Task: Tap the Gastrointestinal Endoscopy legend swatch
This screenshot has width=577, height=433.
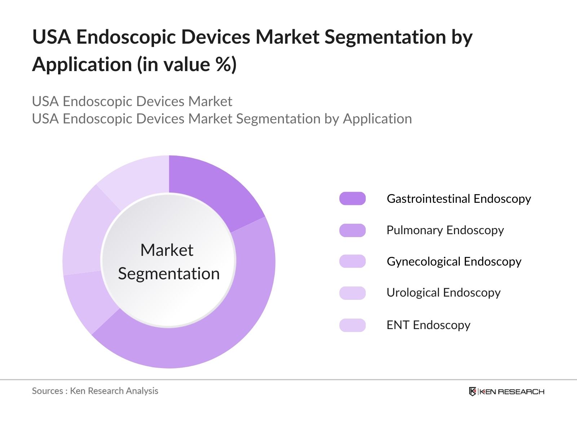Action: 352,199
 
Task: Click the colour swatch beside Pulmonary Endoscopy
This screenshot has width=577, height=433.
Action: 352,230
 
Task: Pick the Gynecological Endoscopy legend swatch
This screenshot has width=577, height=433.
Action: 352,261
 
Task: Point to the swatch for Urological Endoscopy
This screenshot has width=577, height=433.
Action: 352,293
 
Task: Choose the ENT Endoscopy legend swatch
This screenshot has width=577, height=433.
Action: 352,325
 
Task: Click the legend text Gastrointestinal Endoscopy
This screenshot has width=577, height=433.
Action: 459,199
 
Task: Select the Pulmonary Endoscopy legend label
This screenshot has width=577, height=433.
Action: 445,230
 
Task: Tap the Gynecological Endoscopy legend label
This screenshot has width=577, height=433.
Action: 454,262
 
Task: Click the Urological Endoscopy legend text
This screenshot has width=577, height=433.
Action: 444,293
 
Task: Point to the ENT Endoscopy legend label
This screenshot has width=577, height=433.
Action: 428,325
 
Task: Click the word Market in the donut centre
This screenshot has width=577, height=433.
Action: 167,250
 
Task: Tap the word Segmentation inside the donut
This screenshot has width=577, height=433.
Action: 169,274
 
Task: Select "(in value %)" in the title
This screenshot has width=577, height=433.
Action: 186,65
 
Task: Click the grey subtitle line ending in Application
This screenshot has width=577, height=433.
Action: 222,119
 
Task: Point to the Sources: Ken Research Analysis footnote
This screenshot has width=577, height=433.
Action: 95,391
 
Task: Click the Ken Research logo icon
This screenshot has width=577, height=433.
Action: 472,392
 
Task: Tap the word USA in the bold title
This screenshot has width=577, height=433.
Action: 51,37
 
